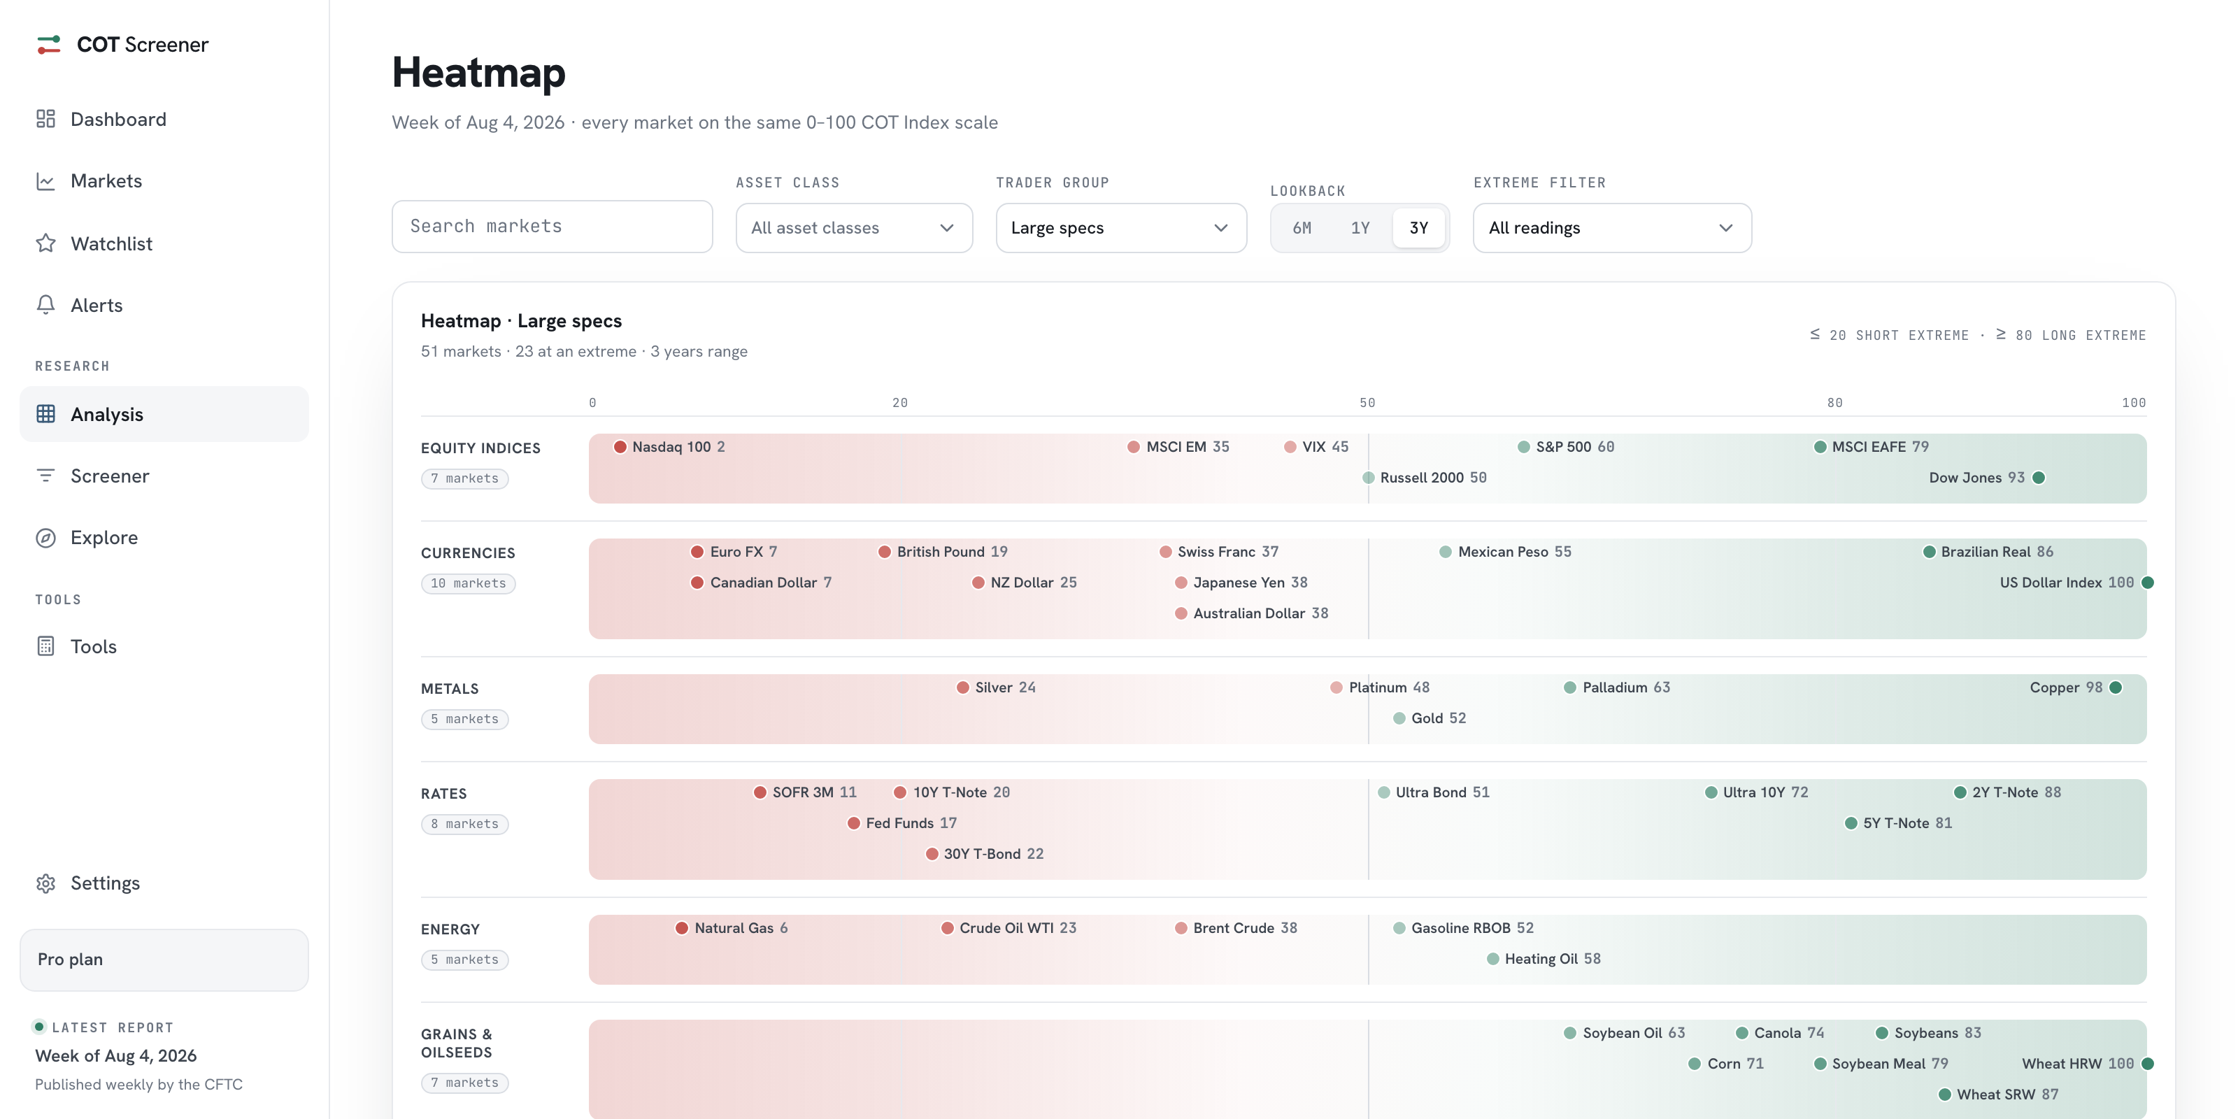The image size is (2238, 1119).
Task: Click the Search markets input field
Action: (552, 227)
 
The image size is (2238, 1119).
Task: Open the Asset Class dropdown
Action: (853, 227)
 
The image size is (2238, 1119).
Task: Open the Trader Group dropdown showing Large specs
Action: (1120, 227)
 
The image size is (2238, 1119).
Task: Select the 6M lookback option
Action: (1302, 227)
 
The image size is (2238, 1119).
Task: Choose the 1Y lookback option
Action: (1360, 227)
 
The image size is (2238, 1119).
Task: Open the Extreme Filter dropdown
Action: (1611, 227)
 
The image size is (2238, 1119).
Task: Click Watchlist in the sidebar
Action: (111, 243)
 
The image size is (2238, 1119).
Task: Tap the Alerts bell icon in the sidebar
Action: (46, 305)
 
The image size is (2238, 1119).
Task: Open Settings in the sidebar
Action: (104, 883)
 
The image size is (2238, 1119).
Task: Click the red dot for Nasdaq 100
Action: (620, 447)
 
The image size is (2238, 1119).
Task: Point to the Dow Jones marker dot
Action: (2039, 478)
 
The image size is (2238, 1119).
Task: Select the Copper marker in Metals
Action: (2116, 688)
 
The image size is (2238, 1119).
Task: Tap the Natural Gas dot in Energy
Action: (682, 928)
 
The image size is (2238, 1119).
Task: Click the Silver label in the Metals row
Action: (994, 687)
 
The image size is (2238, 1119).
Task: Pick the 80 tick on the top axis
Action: (1834, 402)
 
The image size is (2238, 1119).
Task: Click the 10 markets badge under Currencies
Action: (469, 583)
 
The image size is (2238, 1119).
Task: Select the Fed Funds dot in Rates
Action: (854, 822)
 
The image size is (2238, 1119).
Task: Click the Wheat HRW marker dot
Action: (2148, 1063)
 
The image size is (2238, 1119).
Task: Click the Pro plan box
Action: (164, 959)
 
